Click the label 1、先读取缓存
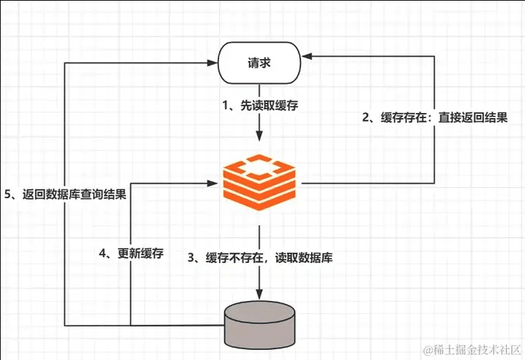coord(260,105)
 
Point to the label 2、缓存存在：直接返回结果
coord(435,117)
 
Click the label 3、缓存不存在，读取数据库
coord(260,258)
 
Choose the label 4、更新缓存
coord(131,254)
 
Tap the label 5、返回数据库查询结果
coord(65,195)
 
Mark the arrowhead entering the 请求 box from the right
coord(306,55)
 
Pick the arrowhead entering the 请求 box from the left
coord(216,63)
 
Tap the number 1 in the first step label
coord(226,105)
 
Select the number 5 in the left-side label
coord(7,195)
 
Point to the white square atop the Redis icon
coord(260,166)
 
